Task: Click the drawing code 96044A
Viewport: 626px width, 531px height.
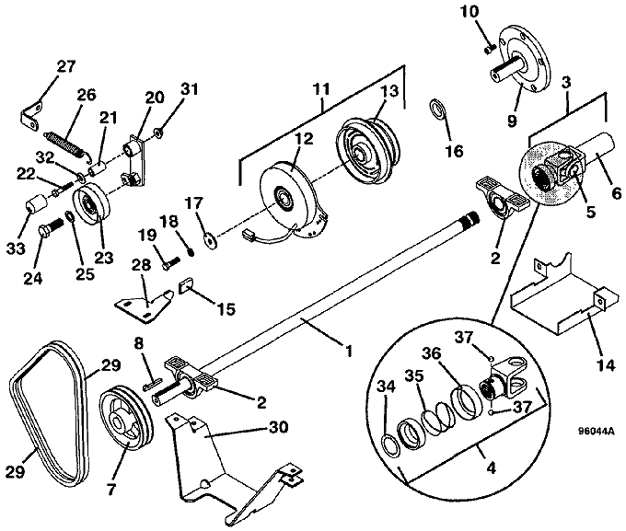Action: (596, 432)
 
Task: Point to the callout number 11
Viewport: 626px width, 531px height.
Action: (321, 89)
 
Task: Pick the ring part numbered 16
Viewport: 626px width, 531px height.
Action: (436, 109)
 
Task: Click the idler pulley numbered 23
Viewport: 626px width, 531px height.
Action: (91, 204)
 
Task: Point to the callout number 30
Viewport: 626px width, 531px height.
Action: (278, 428)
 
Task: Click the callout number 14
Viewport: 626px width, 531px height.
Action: (606, 365)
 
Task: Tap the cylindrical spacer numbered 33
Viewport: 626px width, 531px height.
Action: (36, 202)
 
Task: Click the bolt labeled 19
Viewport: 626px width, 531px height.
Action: (171, 262)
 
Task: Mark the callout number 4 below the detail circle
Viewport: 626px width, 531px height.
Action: (492, 468)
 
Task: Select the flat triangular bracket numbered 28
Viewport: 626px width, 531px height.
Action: (145, 306)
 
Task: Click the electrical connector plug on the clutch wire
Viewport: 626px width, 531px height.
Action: (249, 236)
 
